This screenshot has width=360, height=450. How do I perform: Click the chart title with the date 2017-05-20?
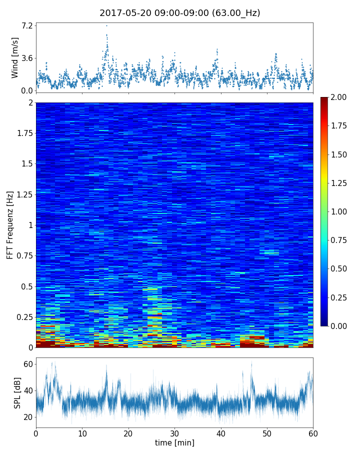pyautogui.click(x=180, y=13)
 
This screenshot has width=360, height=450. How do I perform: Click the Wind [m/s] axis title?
pyautogui.click(x=15, y=57)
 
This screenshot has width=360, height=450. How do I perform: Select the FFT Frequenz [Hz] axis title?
pyautogui.click(x=10, y=224)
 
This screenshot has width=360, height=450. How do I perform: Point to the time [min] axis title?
pyautogui.click(x=174, y=442)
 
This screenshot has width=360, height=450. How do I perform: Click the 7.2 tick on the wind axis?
pyautogui.click(x=26, y=25)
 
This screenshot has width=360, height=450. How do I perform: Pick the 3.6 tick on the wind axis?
pyautogui.click(x=26, y=58)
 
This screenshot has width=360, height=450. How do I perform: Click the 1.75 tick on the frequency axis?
pyautogui.click(x=23, y=133)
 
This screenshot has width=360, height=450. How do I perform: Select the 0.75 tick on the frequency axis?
pyautogui.click(x=23, y=256)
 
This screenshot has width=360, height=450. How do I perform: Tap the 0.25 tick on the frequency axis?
pyautogui.click(x=23, y=317)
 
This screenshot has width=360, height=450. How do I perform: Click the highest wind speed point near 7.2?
pyautogui.click(x=106, y=25)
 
